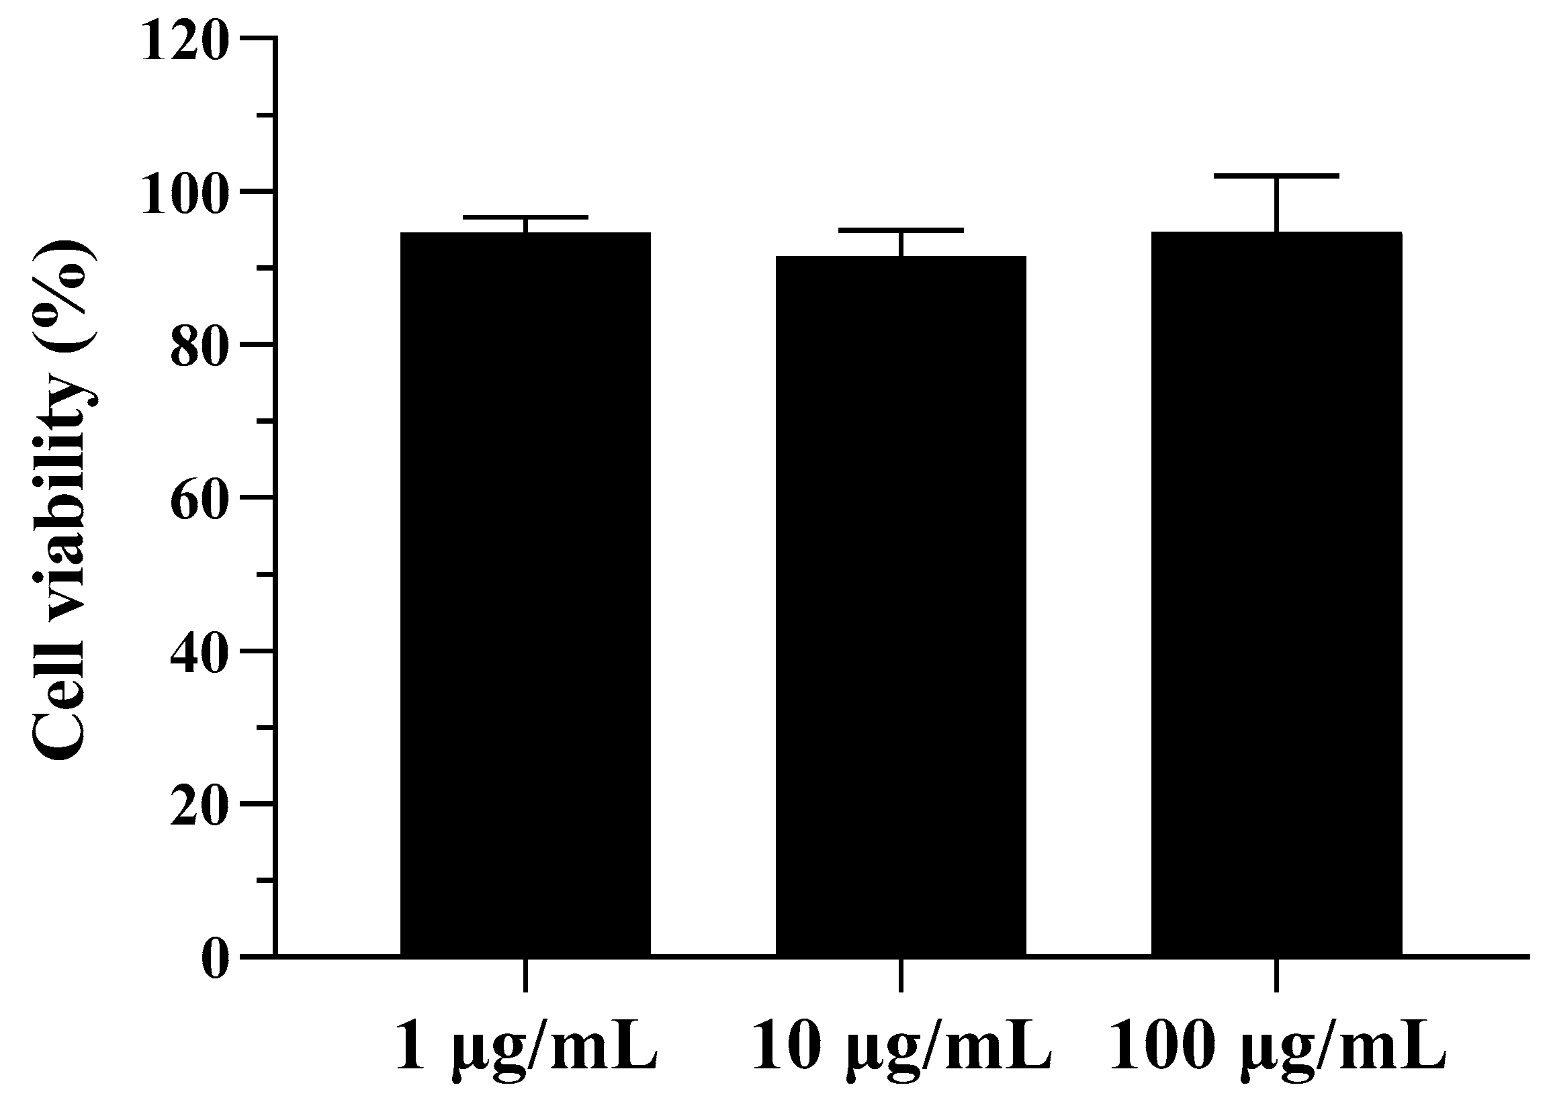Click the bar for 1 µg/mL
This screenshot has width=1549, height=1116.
[525, 594]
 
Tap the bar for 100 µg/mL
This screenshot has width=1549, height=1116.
[1276, 594]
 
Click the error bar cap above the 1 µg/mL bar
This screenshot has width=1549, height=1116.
[525, 217]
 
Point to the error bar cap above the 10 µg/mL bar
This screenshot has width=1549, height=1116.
[901, 230]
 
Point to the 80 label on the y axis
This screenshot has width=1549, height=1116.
[198, 345]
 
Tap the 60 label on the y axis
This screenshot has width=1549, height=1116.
[198, 498]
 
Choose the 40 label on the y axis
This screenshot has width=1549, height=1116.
[198, 651]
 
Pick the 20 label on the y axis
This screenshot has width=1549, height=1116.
[198, 804]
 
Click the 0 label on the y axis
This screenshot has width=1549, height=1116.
[214, 958]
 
